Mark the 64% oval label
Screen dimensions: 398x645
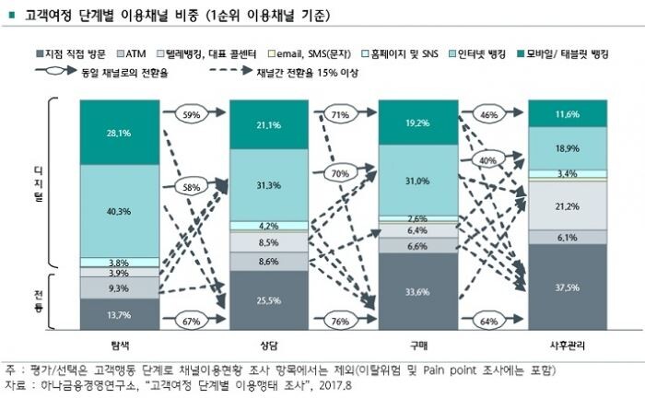click(488, 321)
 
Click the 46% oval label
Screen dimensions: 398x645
click(488, 115)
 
